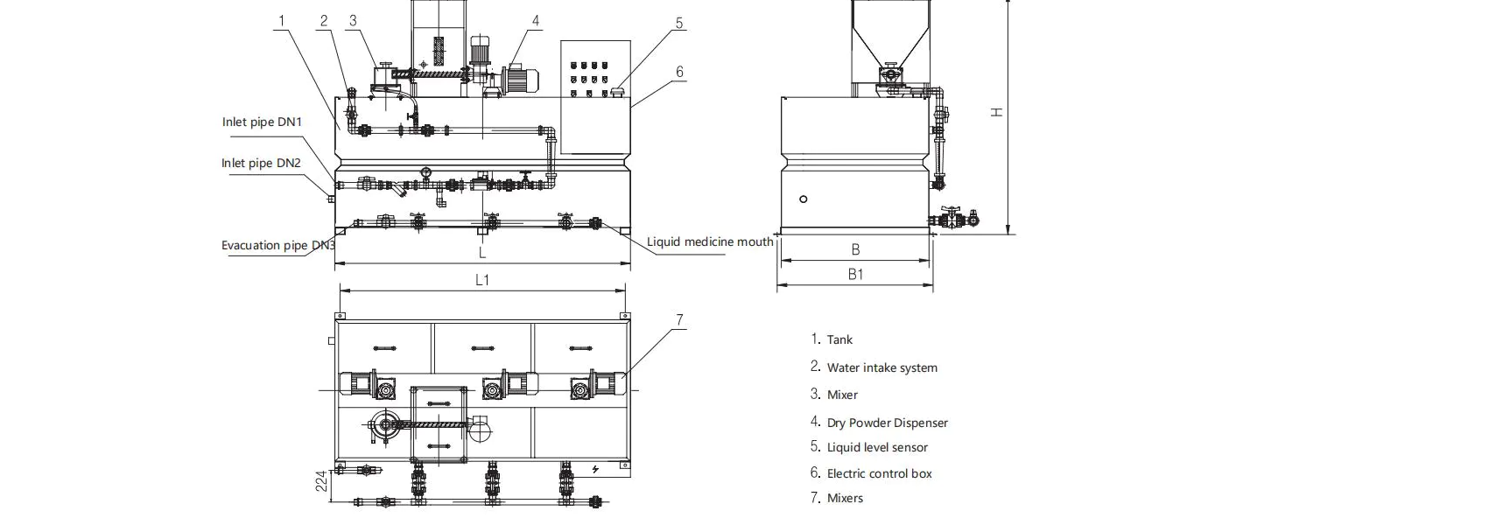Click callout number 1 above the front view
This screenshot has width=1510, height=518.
point(282,20)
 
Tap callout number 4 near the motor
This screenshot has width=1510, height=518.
point(536,20)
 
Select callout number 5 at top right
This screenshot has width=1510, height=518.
point(679,23)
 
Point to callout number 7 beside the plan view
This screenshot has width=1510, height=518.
point(679,320)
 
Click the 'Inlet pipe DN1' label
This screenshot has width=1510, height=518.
point(262,122)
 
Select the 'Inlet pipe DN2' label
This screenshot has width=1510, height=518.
point(261,163)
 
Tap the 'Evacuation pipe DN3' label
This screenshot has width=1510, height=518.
point(278,245)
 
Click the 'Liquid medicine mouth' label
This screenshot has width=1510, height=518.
point(710,241)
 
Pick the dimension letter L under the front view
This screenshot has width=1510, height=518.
point(482,253)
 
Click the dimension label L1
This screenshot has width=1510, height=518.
point(482,280)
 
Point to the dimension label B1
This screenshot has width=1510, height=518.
point(855,274)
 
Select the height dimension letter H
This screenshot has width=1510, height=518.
point(996,112)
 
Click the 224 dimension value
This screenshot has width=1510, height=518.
point(321,480)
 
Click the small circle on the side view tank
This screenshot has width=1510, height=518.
point(804,199)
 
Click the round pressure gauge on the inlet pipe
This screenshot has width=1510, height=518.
point(425,171)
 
